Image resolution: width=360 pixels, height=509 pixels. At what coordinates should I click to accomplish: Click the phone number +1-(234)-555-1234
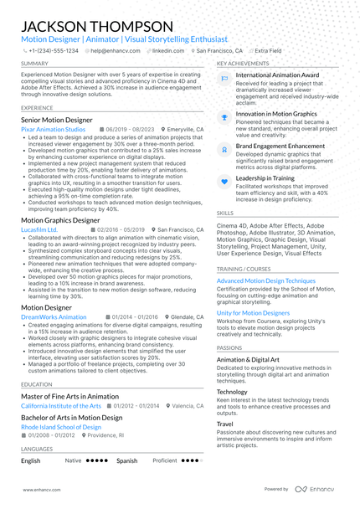[54, 50]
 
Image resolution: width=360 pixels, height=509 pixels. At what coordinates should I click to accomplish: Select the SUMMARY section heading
[34, 64]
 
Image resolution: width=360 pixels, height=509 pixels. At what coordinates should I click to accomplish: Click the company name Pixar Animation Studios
[53, 130]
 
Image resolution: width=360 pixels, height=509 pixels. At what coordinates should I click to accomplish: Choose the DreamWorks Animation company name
[54, 317]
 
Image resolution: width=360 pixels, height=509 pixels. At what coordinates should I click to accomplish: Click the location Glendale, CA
[187, 317]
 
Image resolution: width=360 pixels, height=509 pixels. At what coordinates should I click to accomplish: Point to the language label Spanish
[127, 460]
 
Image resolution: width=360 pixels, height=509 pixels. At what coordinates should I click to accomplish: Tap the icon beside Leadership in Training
[224, 180]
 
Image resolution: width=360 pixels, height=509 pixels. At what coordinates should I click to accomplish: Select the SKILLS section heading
[225, 213]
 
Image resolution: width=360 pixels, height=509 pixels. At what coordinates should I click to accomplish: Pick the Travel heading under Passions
[225, 424]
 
